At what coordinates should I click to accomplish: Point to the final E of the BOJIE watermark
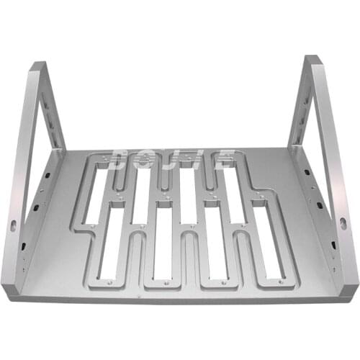[x=225, y=156]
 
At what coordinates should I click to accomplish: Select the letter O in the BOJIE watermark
[x=150, y=156]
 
